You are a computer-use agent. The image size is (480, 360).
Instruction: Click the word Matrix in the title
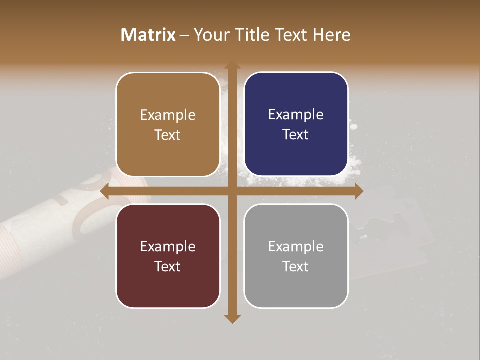(148, 35)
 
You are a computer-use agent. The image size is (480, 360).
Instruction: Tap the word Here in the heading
(331, 35)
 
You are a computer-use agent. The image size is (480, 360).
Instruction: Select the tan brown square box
(168, 124)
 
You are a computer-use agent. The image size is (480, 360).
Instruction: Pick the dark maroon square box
(168, 256)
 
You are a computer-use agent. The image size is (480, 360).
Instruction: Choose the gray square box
(296, 256)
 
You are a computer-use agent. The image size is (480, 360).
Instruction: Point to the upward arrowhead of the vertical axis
(232, 66)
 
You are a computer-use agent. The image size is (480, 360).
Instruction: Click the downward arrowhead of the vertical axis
(232, 318)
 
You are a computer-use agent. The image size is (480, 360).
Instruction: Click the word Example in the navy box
(296, 115)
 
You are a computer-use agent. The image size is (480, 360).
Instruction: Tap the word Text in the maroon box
(168, 266)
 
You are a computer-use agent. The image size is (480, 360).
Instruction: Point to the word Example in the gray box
(296, 246)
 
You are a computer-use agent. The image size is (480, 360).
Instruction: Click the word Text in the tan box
(168, 135)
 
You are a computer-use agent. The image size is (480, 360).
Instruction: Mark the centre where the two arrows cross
(232, 191)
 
